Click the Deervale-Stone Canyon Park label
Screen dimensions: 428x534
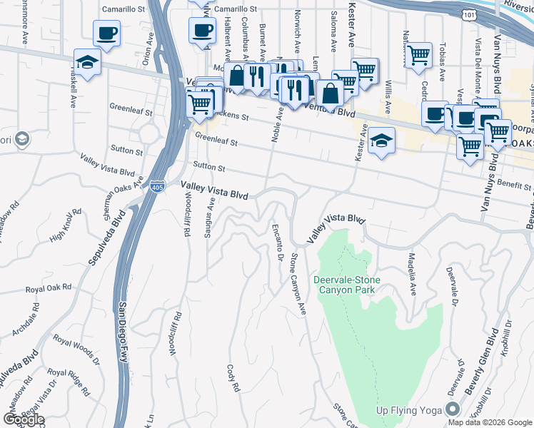click(x=346, y=285)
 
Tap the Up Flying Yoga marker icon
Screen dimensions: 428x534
click(x=451, y=409)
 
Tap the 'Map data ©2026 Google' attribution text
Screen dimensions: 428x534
click(x=490, y=422)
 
